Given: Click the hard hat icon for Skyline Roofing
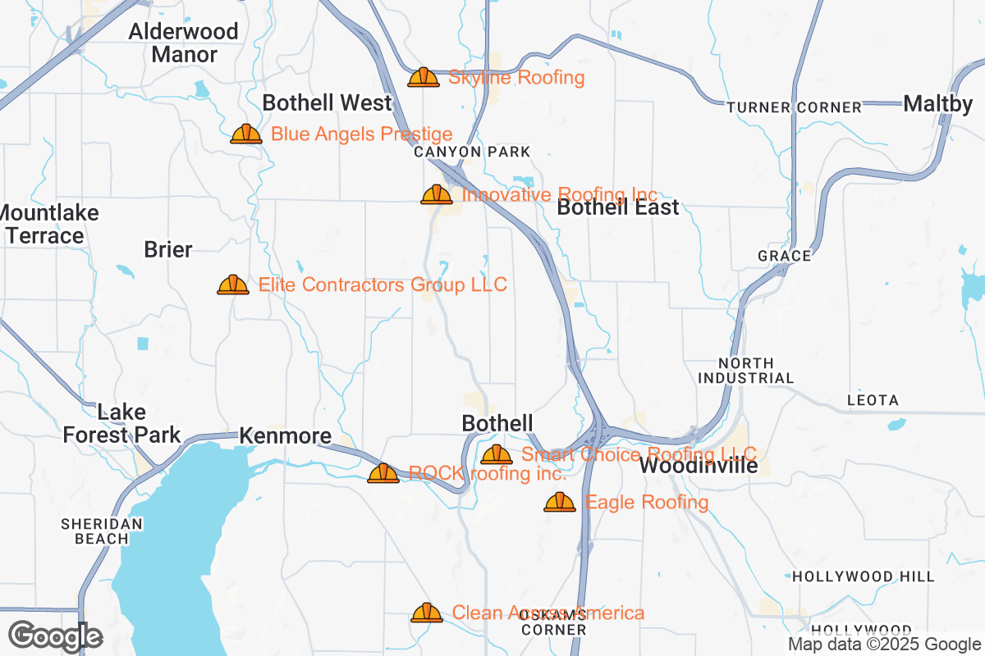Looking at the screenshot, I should [x=424, y=78].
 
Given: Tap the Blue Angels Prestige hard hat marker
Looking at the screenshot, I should [x=245, y=134].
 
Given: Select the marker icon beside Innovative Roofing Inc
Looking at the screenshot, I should [x=437, y=195].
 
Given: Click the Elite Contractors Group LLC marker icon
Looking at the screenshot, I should [x=233, y=285].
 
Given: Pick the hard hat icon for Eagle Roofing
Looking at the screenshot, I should [x=560, y=503].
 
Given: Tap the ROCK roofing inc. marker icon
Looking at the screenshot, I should [x=383, y=474].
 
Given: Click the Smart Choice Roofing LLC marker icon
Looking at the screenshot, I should [x=497, y=455].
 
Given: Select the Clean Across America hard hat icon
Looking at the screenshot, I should [x=427, y=613].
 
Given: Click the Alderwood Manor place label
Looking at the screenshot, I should [x=184, y=43].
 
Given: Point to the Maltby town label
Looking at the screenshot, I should [x=937, y=104].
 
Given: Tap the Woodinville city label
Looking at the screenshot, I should [x=698, y=466].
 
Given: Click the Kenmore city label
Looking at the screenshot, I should [x=285, y=436].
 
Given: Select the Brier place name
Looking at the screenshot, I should [x=167, y=250].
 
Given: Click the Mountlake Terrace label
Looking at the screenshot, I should [x=49, y=225].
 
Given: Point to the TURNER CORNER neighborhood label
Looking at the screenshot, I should [x=794, y=107].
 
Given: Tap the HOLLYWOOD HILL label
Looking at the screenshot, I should [x=863, y=576].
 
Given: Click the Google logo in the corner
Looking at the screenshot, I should [x=55, y=636].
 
